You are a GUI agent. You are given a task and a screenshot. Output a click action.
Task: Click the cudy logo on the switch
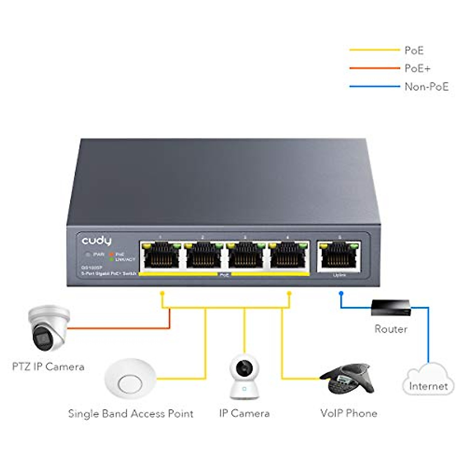[96, 241]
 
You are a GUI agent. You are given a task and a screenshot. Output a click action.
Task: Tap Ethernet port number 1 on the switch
[161, 255]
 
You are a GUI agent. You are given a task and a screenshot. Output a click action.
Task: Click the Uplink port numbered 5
[339, 255]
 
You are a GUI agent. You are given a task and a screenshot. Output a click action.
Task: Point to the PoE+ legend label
[417, 69]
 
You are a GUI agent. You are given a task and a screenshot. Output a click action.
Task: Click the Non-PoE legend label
[426, 87]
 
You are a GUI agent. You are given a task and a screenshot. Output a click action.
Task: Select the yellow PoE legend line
[374, 50]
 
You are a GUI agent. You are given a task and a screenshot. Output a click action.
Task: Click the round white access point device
[130, 379]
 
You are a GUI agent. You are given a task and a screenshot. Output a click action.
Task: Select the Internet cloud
[428, 381]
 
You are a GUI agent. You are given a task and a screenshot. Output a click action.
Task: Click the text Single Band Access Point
[130, 414]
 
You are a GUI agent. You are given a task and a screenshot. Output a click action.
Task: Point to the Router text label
[391, 329]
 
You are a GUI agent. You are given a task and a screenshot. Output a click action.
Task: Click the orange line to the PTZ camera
[116, 328]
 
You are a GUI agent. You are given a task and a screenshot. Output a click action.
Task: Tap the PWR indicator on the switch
[89, 254]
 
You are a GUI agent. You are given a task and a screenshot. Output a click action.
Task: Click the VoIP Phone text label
[348, 413]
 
